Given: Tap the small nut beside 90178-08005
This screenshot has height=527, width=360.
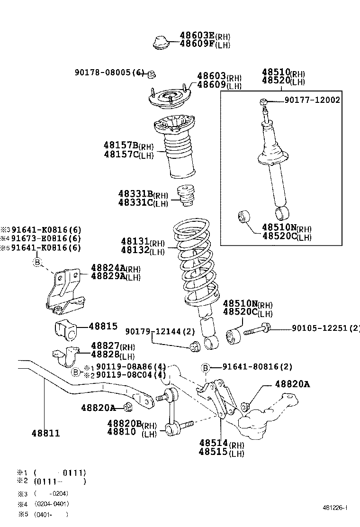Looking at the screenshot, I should pyautogui.click(x=152, y=73).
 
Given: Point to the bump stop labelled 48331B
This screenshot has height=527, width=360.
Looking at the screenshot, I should pyautogui.click(x=186, y=195).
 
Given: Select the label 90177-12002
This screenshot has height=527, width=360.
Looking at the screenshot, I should pyautogui.click(x=312, y=100).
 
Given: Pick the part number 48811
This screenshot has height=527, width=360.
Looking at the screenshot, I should pyautogui.click(x=46, y=433).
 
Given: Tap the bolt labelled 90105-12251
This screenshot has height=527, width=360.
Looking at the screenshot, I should pyautogui.click(x=256, y=328).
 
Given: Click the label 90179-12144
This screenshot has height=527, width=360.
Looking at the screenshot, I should pyautogui.click(x=157, y=331).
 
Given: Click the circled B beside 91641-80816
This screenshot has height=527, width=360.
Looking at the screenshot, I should pyautogui.click(x=206, y=367).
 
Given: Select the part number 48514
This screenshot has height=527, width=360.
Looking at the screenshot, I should pyautogui.click(x=214, y=444).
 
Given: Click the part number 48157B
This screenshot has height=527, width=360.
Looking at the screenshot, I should pyautogui.click(x=121, y=145).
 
